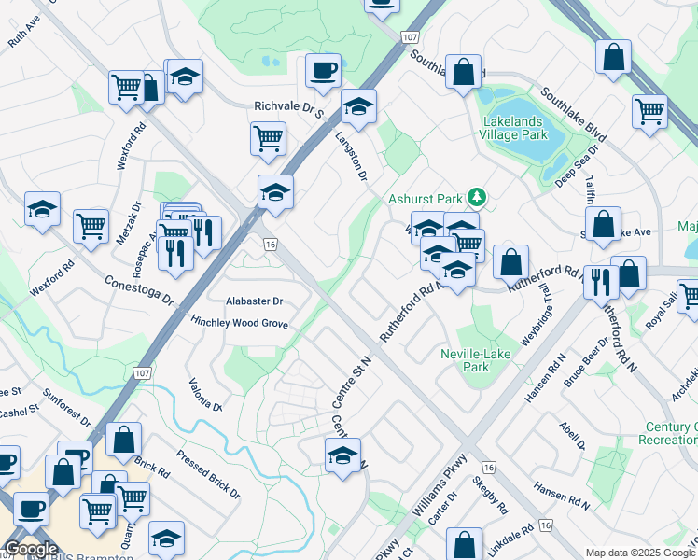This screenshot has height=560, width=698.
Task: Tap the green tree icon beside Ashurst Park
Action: pos(477,197)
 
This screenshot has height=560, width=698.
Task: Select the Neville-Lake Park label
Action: pos(464,360)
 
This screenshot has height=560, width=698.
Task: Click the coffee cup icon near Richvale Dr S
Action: pos(323,71)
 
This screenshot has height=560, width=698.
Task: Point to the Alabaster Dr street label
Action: pos(254,301)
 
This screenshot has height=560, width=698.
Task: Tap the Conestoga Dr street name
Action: pos(140,289)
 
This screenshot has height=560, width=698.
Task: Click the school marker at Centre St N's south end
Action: pos(342,456)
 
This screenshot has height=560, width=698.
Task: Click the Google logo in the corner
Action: pos(31,549)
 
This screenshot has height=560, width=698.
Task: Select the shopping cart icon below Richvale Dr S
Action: pos(268,139)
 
